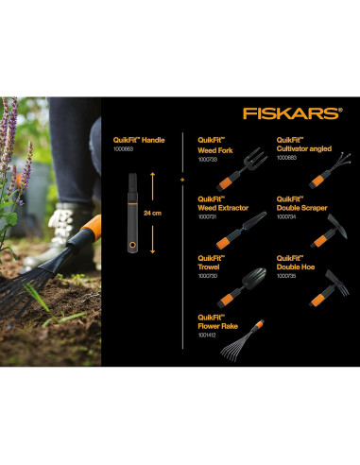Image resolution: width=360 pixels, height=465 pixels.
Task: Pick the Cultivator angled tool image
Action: tap(322, 172)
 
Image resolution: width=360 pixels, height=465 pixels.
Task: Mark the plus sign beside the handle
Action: tap(181, 177)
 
